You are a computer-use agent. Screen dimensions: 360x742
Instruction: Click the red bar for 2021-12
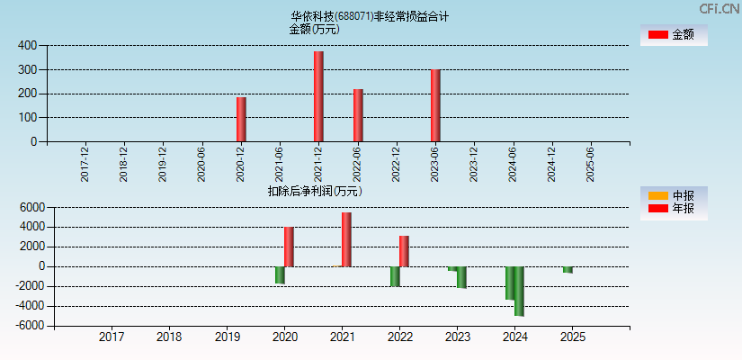pos(318,96)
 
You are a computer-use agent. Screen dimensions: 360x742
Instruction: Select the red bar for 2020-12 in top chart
pos(241,119)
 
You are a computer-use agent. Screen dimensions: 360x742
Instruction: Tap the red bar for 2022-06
pos(358,115)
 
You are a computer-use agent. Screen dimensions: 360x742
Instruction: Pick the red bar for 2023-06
pos(435,105)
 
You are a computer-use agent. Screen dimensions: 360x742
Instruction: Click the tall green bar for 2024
pos(519,291)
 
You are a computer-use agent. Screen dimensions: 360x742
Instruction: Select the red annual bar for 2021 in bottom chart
pos(346,239)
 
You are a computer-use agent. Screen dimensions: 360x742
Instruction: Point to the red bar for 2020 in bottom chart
pos(289,247)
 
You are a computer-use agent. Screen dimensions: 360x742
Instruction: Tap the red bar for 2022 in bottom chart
pos(404,251)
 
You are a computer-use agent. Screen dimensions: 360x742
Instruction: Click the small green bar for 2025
pos(568,269)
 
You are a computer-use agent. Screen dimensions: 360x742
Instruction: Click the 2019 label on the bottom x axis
pos(227,337)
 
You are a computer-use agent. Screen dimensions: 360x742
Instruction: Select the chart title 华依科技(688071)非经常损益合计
pos(370,16)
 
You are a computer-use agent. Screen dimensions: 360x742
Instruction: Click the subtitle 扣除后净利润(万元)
pos(314,191)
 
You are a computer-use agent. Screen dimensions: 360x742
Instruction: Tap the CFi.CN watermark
pos(720,9)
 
